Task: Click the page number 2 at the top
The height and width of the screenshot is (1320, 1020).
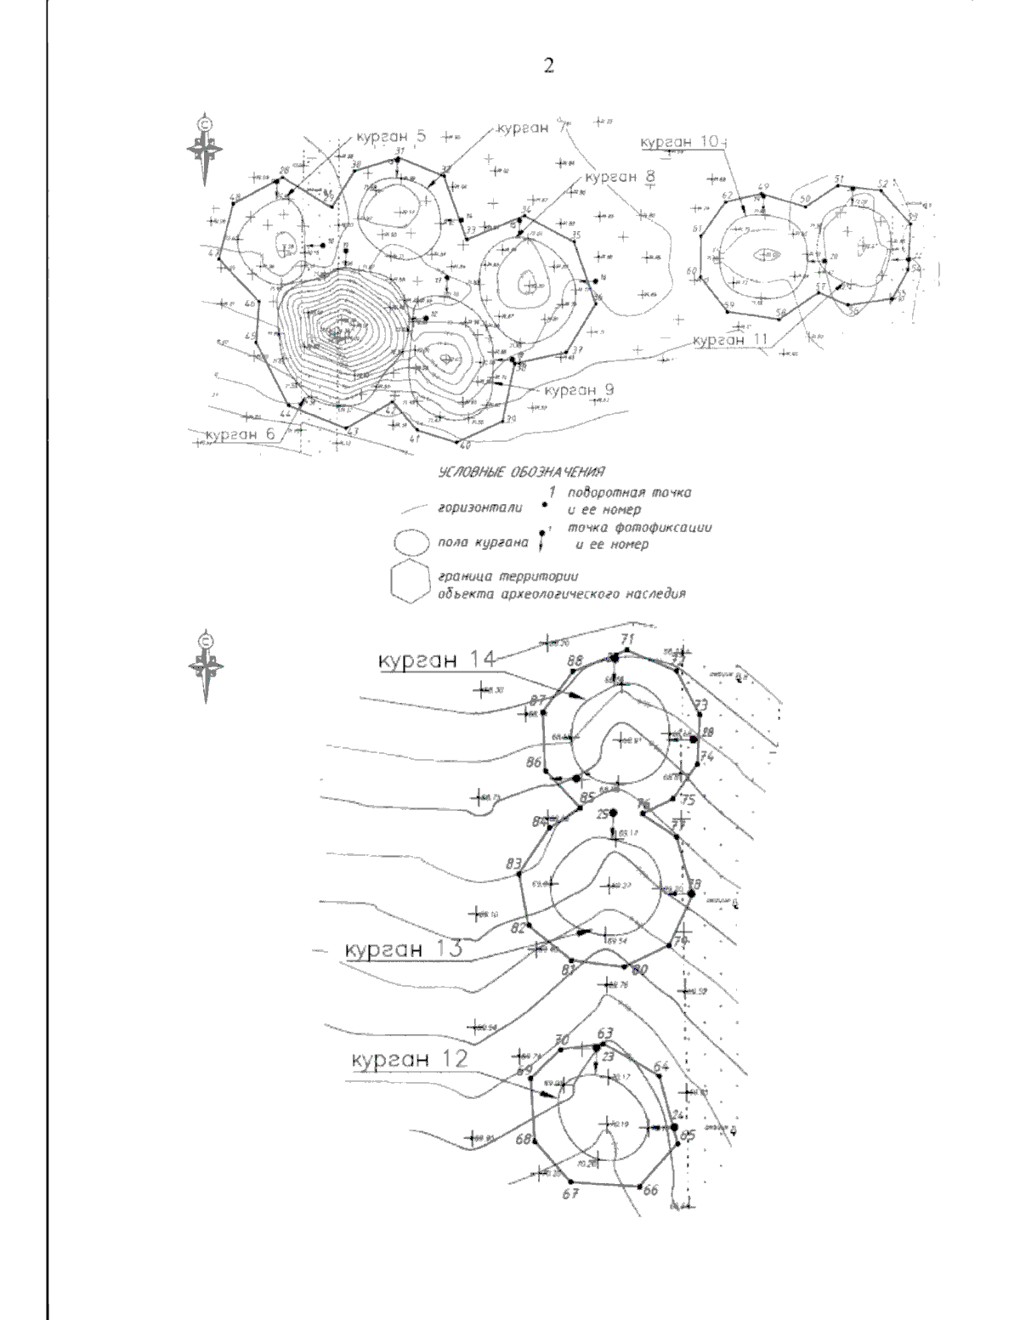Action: point(548,65)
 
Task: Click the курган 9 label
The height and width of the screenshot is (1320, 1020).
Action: point(579,390)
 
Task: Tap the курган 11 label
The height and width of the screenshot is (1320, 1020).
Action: point(730,340)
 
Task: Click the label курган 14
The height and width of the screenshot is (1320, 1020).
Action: point(435,659)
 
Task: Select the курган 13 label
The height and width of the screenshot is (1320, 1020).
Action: point(403,949)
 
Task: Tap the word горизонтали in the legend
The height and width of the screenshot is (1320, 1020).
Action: point(473,508)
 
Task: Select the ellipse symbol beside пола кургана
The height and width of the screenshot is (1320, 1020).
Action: point(411,543)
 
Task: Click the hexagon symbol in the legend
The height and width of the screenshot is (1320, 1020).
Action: point(412,581)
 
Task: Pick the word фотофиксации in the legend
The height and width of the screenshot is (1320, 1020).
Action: point(666,528)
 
